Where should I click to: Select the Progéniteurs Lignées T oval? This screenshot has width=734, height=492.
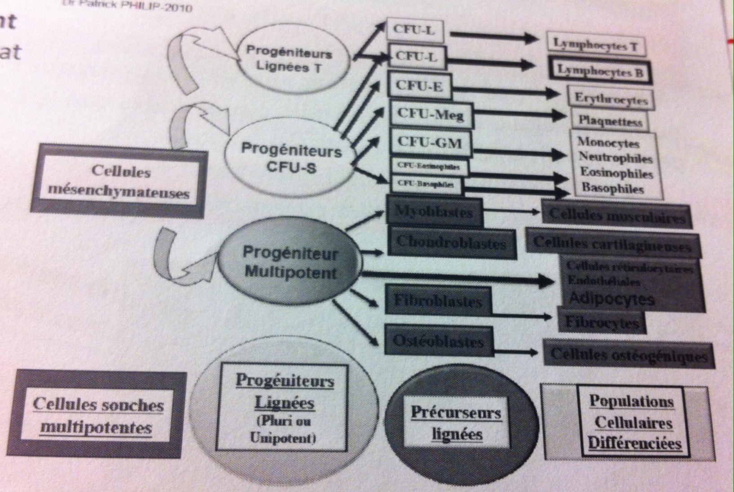pos(288,60)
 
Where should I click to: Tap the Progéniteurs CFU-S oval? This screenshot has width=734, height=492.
pos(291,158)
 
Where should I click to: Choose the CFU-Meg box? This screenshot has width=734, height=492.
pos(430,114)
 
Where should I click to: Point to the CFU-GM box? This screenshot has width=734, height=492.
pos(429,143)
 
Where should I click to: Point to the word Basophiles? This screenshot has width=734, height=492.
pos(612,189)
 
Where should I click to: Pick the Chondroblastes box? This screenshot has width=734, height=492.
pos(451,242)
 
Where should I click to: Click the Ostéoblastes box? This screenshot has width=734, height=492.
pos(438,342)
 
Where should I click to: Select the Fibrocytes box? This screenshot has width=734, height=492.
pos(602,322)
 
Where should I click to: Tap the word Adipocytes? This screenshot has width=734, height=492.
pos(611,299)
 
